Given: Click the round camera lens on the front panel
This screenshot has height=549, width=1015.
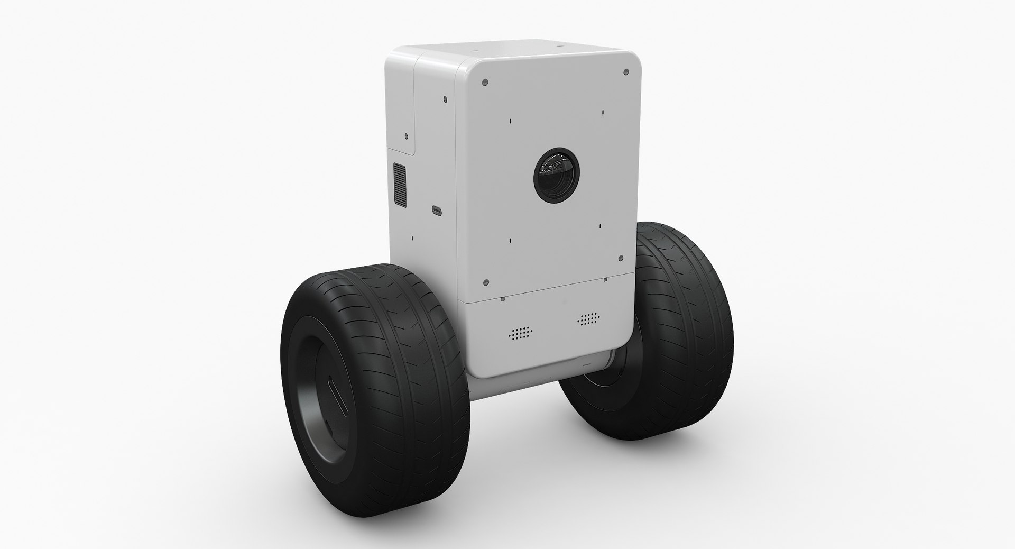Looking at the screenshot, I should [556, 169].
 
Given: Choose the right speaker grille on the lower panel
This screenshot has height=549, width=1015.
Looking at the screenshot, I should [589, 318].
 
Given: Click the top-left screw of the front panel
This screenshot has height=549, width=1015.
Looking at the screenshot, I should [485, 83].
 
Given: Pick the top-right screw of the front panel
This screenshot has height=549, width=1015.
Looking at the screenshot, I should [626, 71].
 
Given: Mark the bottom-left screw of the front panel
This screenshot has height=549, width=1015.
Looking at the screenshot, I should [487, 282].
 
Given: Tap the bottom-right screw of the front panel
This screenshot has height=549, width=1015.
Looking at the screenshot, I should [622, 259].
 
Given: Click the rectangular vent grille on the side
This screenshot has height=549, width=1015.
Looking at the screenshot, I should [400, 186].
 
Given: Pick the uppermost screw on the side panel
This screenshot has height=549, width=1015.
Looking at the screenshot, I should [445, 98].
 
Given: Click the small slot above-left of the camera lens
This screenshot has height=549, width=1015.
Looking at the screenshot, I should [510, 121].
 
